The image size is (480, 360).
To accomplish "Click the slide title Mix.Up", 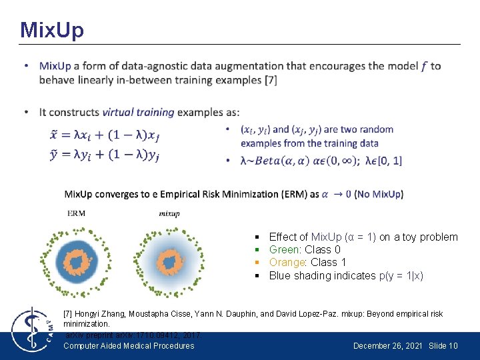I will click(52, 29).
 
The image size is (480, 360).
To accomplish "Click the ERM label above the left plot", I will click(77, 213).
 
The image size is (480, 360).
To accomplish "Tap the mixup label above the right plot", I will click(169, 213).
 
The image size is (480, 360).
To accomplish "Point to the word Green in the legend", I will click(283, 250).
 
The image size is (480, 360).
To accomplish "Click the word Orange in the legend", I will click(286, 263).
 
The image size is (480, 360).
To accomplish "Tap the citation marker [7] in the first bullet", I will click(271, 80).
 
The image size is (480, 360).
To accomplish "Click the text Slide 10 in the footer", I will click(443, 346).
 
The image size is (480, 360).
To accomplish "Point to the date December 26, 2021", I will click(389, 346).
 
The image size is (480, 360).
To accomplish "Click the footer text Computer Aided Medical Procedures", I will click(129, 346).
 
